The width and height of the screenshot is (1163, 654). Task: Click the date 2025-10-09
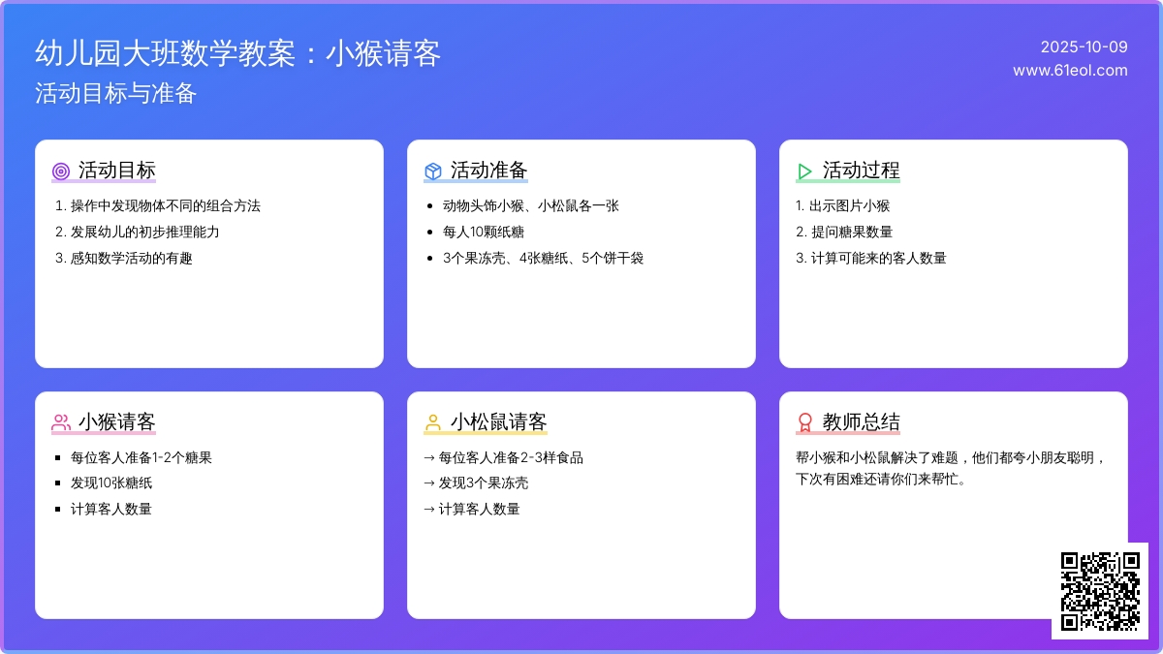click(x=1084, y=47)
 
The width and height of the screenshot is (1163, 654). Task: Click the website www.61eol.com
click(x=1070, y=70)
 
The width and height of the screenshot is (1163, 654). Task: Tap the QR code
click(x=1100, y=591)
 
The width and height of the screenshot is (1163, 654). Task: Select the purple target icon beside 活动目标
click(x=61, y=171)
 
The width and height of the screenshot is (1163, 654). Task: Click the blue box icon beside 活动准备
click(x=433, y=171)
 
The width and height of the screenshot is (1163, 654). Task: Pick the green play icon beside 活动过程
click(x=804, y=171)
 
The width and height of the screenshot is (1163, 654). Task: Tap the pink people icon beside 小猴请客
click(x=61, y=422)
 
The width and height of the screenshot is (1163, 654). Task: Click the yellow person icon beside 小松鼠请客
click(x=433, y=422)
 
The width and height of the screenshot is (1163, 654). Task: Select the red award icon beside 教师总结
click(x=804, y=422)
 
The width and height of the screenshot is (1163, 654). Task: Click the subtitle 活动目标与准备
click(x=115, y=93)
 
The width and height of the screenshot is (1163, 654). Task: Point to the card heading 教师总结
click(x=861, y=422)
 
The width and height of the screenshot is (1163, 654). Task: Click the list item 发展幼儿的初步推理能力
click(x=144, y=232)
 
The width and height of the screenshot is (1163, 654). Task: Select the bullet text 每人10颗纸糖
click(x=484, y=232)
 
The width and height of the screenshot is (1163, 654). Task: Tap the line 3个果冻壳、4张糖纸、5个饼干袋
click(x=543, y=258)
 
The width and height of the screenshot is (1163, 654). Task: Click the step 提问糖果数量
click(x=852, y=232)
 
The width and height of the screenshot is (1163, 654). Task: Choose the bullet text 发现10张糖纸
click(x=111, y=483)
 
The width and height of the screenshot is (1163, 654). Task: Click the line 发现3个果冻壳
click(x=484, y=483)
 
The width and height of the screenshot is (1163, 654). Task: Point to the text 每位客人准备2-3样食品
click(x=511, y=457)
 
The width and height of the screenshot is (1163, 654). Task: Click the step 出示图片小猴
click(x=849, y=206)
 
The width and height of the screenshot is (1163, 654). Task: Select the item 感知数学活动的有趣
click(x=132, y=258)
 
